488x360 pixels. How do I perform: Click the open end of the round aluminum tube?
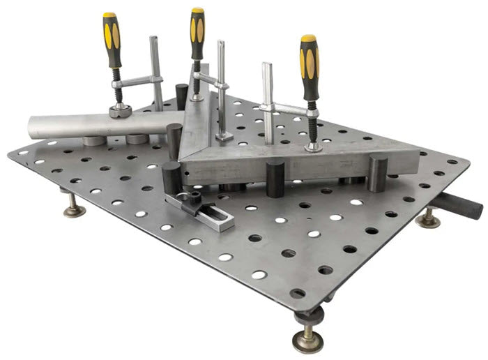tap(33, 127)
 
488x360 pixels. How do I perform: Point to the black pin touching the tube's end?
tap(174, 140)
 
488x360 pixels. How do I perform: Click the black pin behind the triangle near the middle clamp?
tap(181, 94)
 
